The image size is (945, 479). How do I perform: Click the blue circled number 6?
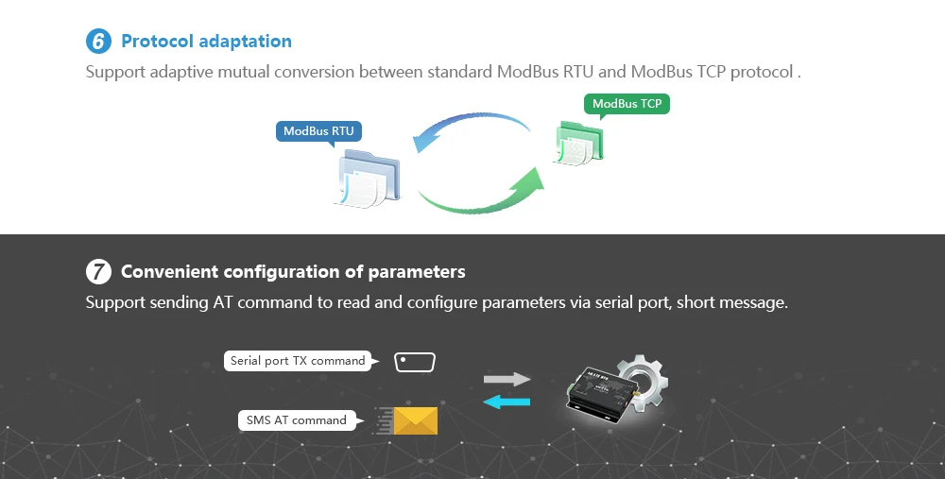(x=98, y=42)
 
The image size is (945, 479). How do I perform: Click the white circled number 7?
(x=98, y=272)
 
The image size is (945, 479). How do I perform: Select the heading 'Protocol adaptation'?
(x=206, y=42)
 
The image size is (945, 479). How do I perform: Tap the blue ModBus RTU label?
(x=318, y=131)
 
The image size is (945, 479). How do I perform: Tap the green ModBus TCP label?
(x=627, y=104)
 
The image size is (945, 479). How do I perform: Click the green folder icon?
(x=579, y=145)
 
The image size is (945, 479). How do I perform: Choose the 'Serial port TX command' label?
(x=298, y=360)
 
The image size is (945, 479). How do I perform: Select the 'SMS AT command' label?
(x=297, y=419)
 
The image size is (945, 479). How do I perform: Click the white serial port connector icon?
(x=415, y=362)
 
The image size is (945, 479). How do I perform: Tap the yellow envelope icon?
(x=415, y=420)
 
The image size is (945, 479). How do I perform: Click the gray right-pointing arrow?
(x=507, y=379)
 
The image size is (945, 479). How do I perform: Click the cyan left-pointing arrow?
(x=507, y=402)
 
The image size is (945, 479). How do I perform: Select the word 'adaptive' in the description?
(x=182, y=71)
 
